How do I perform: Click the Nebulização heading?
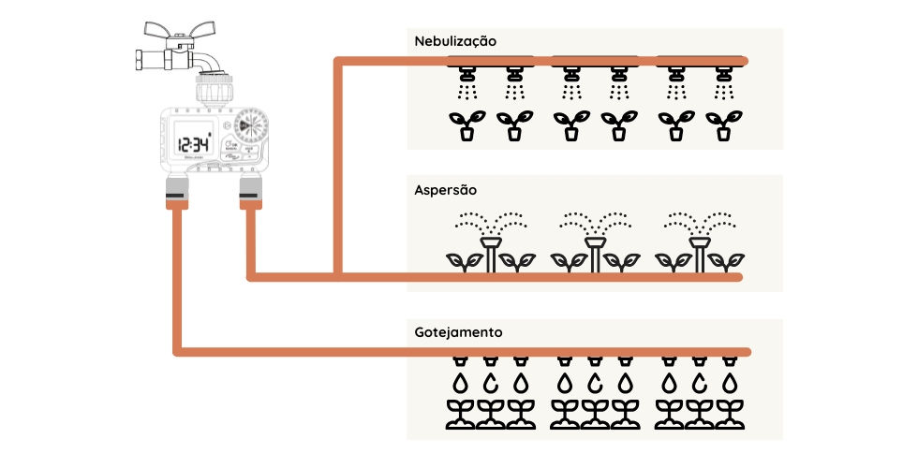click(454, 41)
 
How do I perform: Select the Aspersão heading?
click(445, 189)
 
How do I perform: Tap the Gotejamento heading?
click(458, 332)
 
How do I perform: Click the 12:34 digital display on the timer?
click(194, 144)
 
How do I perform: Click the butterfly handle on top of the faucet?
click(187, 29)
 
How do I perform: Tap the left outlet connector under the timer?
click(174, 189)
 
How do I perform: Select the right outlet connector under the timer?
click(249, 189)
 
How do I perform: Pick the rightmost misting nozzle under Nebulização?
click(723, 72)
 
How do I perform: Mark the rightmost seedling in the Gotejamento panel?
click(730, 414)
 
